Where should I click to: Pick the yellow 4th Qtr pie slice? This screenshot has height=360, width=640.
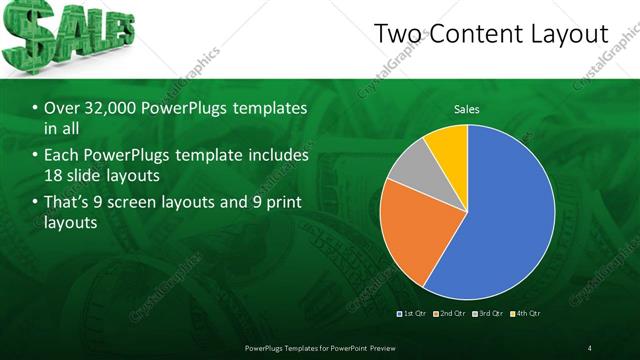pos(447,147)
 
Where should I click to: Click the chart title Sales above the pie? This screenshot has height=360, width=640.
pos(466,107)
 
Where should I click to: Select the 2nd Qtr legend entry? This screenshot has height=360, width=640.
pos(453,314)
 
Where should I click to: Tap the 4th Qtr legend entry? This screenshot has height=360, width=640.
pos(528,314)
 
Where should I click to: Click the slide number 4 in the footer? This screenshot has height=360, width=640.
pos(590,347)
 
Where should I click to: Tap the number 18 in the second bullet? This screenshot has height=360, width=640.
pos(56,176)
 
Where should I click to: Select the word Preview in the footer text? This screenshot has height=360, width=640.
pos(381,347)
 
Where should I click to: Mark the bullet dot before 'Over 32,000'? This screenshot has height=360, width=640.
pos(36,108)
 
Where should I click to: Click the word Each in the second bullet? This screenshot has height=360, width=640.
pos(63,155)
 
